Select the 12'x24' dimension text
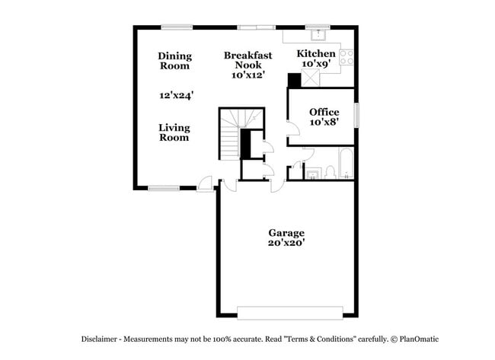click(x=176, y=96)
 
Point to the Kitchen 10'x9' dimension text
click(x=315, y=65)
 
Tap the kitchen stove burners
click(x=346, y=54)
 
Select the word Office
click(x=324, y=112)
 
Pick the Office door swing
click(x=292, y=132)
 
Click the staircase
click(x=232, y=134)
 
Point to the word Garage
click(x=286, y=233)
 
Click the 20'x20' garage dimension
click(x=286, y=244)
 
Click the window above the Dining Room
click(x=177, y=28)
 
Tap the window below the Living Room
click(x=163, y=187)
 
